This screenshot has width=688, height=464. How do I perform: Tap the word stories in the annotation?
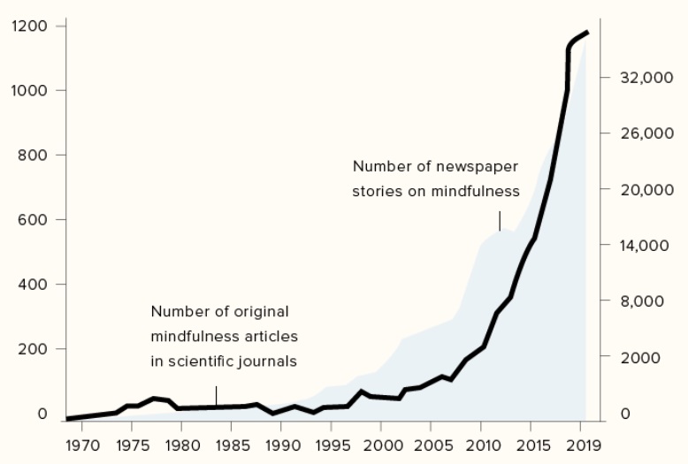coord(377,191)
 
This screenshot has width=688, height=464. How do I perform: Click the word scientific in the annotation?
coord(196,361)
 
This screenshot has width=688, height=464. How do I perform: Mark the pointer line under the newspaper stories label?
coord(500,220)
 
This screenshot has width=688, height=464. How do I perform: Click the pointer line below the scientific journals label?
coord(216,395)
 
